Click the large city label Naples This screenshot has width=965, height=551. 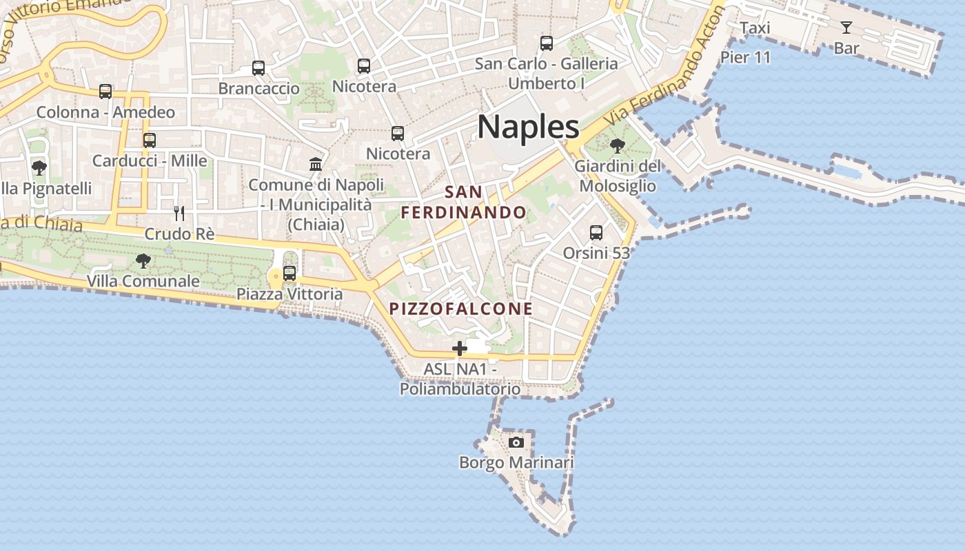tap(529, 127)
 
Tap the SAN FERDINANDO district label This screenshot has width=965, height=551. tap(464, 202)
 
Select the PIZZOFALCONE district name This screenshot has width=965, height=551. tap(461, 309)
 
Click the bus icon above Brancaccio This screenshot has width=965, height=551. tap(258, 68)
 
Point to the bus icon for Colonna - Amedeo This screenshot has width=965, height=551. tap(105, 92)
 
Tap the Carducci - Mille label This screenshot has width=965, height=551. tap(150, 161)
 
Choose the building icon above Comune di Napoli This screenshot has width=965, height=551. tap(316, 164)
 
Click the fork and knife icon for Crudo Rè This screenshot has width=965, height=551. tap(179, 213)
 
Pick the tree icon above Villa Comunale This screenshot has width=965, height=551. tap(143, 261)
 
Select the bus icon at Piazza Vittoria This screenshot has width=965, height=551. tap(289, 273)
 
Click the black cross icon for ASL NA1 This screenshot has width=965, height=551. tap(460, 349)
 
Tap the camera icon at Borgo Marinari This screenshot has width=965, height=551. tap(516, 442)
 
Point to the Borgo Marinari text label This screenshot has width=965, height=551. tap(516, 463)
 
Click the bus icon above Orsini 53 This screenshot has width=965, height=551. tap(596, 233)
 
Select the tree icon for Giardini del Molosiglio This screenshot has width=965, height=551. tap(618, 146)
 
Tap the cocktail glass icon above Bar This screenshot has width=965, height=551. tap(846, 28)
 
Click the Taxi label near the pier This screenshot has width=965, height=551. tap(755, 28)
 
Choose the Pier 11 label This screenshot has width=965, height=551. tap(745, 57)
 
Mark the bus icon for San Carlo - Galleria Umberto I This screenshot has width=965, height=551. tap(547, 43)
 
